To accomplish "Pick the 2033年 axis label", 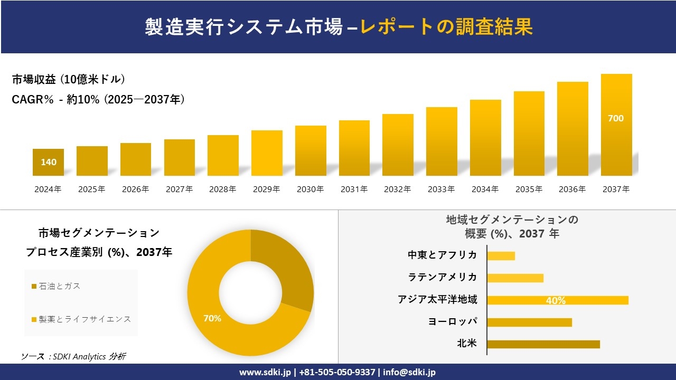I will (441, 189).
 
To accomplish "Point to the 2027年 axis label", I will (179, 189).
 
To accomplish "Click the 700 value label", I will (616, 118).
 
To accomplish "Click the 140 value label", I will (49, 162).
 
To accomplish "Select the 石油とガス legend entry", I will (56, 286).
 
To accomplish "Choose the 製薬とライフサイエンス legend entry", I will (81, 319).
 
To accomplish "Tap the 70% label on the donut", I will (212, 318).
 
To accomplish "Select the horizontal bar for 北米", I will (543, 344).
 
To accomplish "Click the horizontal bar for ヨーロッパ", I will (529, 322).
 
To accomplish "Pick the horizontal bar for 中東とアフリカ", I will (501, 255).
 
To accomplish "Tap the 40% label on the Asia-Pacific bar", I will (556, 300).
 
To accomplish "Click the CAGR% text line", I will (98, 100).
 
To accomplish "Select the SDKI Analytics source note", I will (73, 356).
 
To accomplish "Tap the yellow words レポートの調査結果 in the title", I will (446, 26).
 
